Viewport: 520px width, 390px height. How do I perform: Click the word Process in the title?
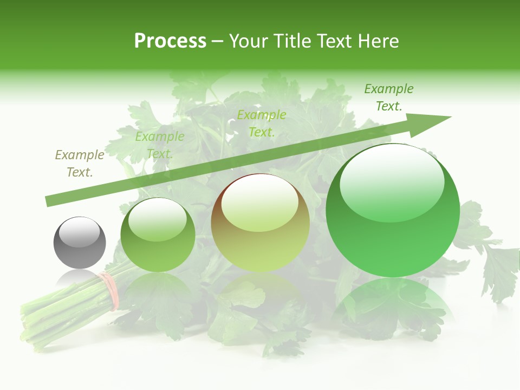[x=170, y=41]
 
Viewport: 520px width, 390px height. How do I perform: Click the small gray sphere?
[x=80, y=243]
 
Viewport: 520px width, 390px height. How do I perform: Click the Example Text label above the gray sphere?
[x=80, y=164]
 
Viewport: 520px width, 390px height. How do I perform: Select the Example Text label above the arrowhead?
[x=389, y=97]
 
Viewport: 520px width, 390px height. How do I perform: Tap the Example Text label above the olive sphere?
[x=262, y=123]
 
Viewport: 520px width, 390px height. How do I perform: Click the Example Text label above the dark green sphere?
[x=160, y=145]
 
